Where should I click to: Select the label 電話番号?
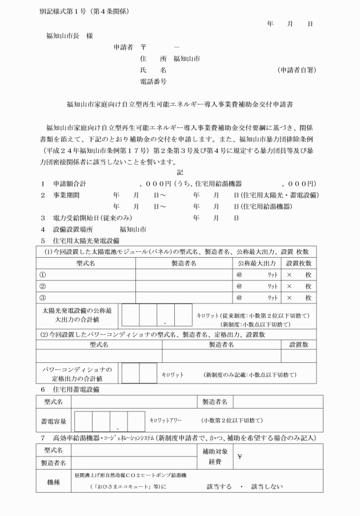pos(153,82)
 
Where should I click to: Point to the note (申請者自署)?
pos(296,70)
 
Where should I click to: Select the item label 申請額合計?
pos(71,185)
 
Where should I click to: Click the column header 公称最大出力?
pos(257,263)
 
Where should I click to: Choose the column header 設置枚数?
pos(298,263)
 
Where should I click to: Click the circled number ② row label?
pos(43,286)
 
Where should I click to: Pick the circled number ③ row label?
pos(43,297)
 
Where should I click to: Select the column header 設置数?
pos(298,345)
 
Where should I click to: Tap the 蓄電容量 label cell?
pos(55,421)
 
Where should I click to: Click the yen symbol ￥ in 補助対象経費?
pos(241,457)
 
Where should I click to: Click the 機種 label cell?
pos(54,481)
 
